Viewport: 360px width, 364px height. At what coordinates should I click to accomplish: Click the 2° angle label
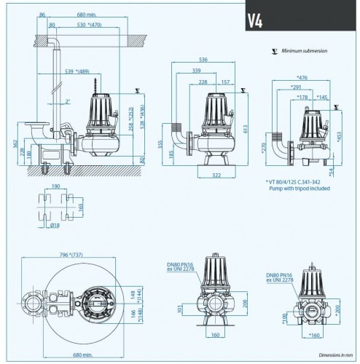[x=67, y=101]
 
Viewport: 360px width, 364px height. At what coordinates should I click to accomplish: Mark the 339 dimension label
[x=197, y=71]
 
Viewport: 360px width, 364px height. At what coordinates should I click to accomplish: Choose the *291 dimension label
[x=295, y=87]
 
